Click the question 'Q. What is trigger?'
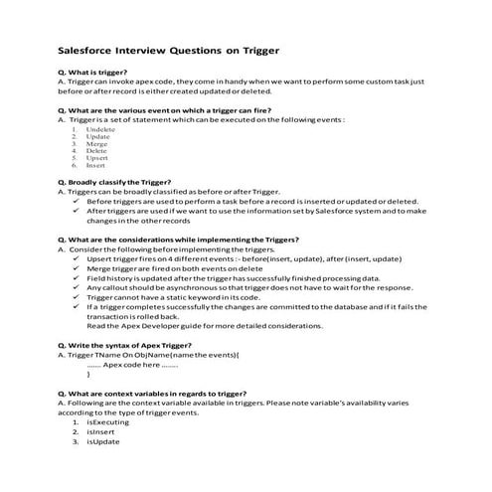(95, 73)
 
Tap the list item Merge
(96, 144)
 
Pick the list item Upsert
(97, 158)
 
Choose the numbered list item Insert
(96, 165)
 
